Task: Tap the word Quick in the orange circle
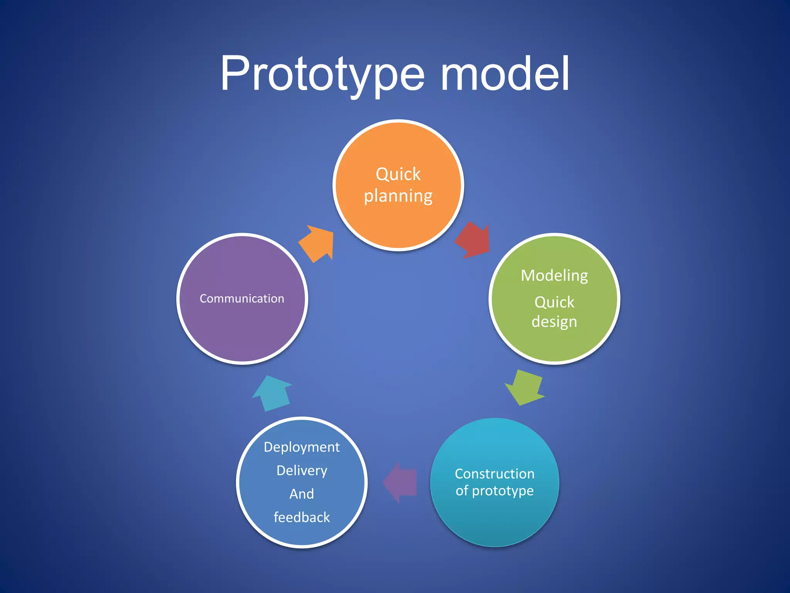398,175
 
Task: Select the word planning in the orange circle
398,196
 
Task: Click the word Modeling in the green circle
554,276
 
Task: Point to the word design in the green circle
554,322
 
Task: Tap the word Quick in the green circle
554,302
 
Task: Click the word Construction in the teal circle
495,474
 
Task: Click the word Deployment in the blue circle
302,447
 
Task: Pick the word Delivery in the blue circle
302,471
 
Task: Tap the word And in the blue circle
302,494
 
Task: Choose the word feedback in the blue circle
302,517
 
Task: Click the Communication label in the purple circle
242,298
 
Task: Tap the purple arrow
401,483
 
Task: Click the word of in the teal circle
462,491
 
